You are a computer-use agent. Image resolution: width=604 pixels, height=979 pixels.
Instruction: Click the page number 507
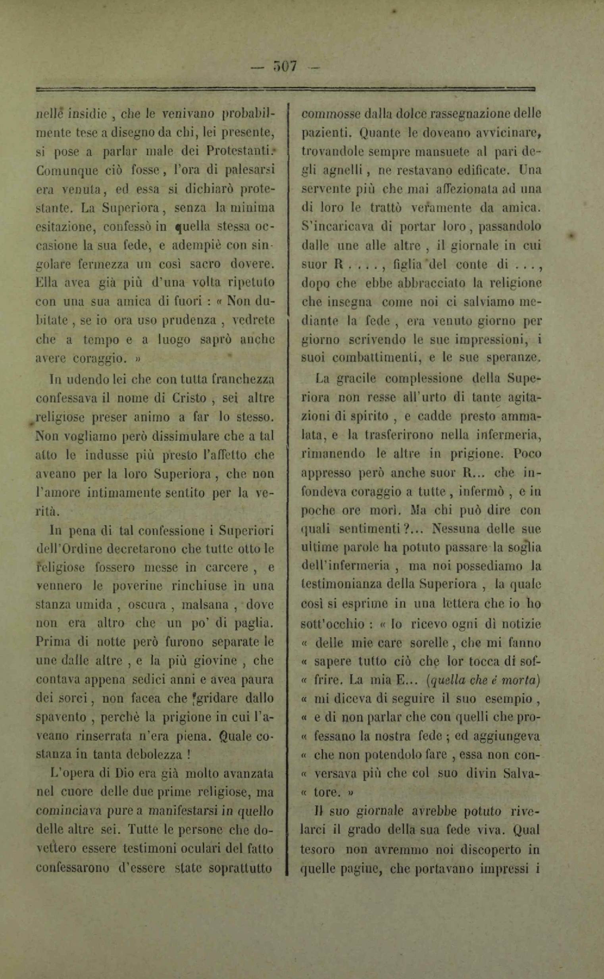285,66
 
